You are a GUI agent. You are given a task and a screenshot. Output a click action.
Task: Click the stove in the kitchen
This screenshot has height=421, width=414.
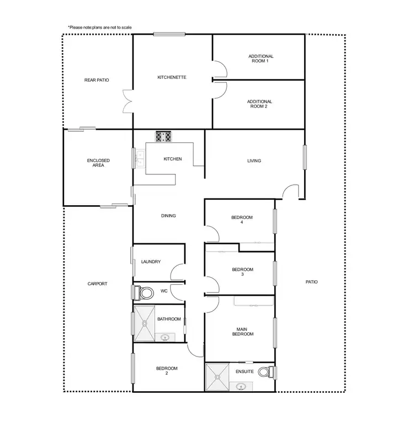coord(164,136)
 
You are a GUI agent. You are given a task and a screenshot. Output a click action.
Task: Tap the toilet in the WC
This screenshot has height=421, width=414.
coord(146,291)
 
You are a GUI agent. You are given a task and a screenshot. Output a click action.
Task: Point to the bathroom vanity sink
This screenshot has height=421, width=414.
coord(165,337)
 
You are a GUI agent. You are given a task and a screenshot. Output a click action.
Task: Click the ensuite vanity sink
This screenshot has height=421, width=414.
coord(242,386)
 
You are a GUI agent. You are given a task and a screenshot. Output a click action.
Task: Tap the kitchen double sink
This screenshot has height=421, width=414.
coord(140,158)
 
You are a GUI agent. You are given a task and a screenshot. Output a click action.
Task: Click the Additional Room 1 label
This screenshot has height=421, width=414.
coord(261,58)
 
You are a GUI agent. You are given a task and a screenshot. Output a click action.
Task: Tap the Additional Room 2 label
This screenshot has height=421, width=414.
coord(261,104)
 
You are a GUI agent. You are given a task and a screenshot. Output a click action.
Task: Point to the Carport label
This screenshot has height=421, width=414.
coord(97,284)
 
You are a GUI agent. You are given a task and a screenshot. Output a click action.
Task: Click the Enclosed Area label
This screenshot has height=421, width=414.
coord(98,163)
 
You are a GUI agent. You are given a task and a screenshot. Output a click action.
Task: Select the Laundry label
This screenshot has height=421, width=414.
coord(151,262)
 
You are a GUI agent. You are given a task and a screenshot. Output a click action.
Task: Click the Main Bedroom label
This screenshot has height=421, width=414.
coord(242,331)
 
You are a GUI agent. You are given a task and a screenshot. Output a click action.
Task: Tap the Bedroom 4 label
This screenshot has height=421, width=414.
coord(242,220)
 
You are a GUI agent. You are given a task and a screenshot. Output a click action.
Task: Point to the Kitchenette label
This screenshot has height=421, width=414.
coord(172,77)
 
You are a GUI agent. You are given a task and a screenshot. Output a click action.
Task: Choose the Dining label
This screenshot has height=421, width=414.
coord(168,216)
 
